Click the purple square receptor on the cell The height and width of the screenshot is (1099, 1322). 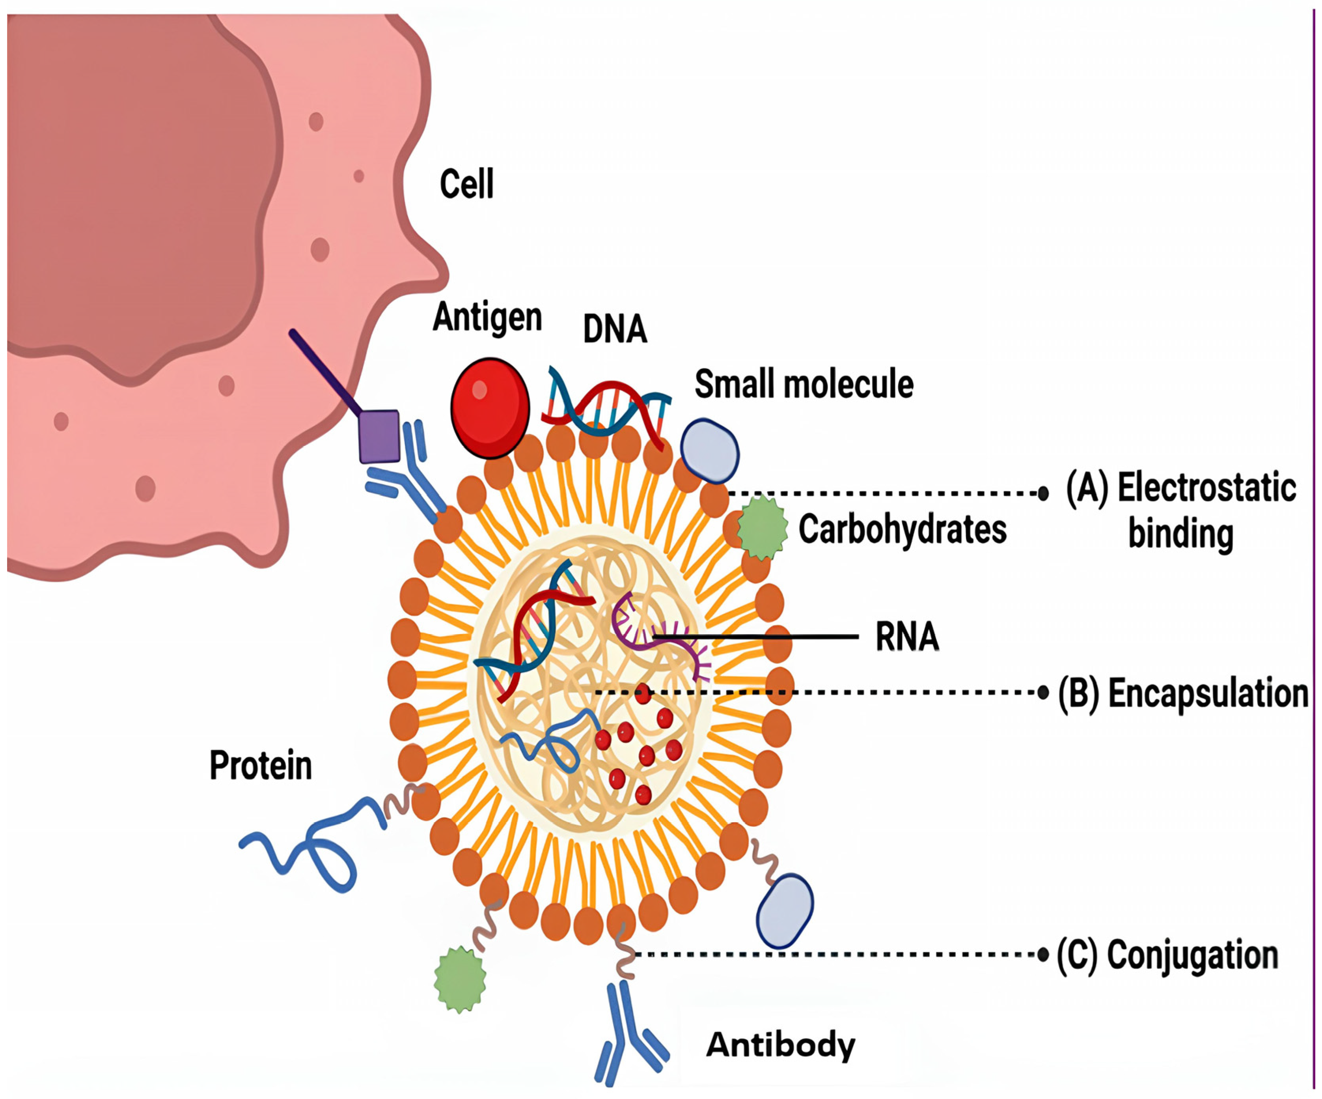[x=379, y=436]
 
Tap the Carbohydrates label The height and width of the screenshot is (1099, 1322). [x=902, y=529]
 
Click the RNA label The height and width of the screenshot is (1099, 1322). [x=906, y=637]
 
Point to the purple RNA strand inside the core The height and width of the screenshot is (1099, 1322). [x=661, y=636]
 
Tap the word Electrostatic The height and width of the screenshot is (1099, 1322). [x=1206, y=488]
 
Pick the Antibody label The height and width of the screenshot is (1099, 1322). [x=781, y=1045]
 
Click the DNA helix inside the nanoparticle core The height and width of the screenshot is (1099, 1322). [x=535, y=636]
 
